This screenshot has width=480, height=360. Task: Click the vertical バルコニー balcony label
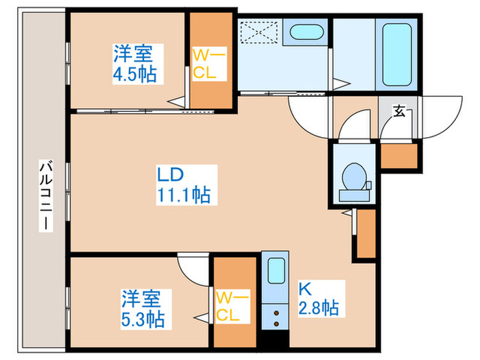point(46,195)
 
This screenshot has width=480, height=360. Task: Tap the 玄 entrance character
point(399,111)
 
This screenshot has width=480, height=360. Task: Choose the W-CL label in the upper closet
point(209,64)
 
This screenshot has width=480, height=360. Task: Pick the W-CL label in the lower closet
point(232,306)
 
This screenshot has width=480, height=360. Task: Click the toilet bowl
point(355,177)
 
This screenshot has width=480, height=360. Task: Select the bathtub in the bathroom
point(396,54)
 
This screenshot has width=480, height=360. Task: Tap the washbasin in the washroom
point(306,32)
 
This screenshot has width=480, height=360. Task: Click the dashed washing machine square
point(259,32)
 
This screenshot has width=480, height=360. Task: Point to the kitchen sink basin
point(276,271)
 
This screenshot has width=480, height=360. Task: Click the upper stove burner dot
point(276,313)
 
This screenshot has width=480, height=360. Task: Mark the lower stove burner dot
point(276,324)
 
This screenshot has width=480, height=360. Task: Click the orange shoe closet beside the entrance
point(399,156)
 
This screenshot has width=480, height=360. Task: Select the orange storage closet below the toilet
point(366,234)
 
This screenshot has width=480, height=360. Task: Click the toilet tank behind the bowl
point(354,195)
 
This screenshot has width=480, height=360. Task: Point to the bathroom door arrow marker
point(341,84)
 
